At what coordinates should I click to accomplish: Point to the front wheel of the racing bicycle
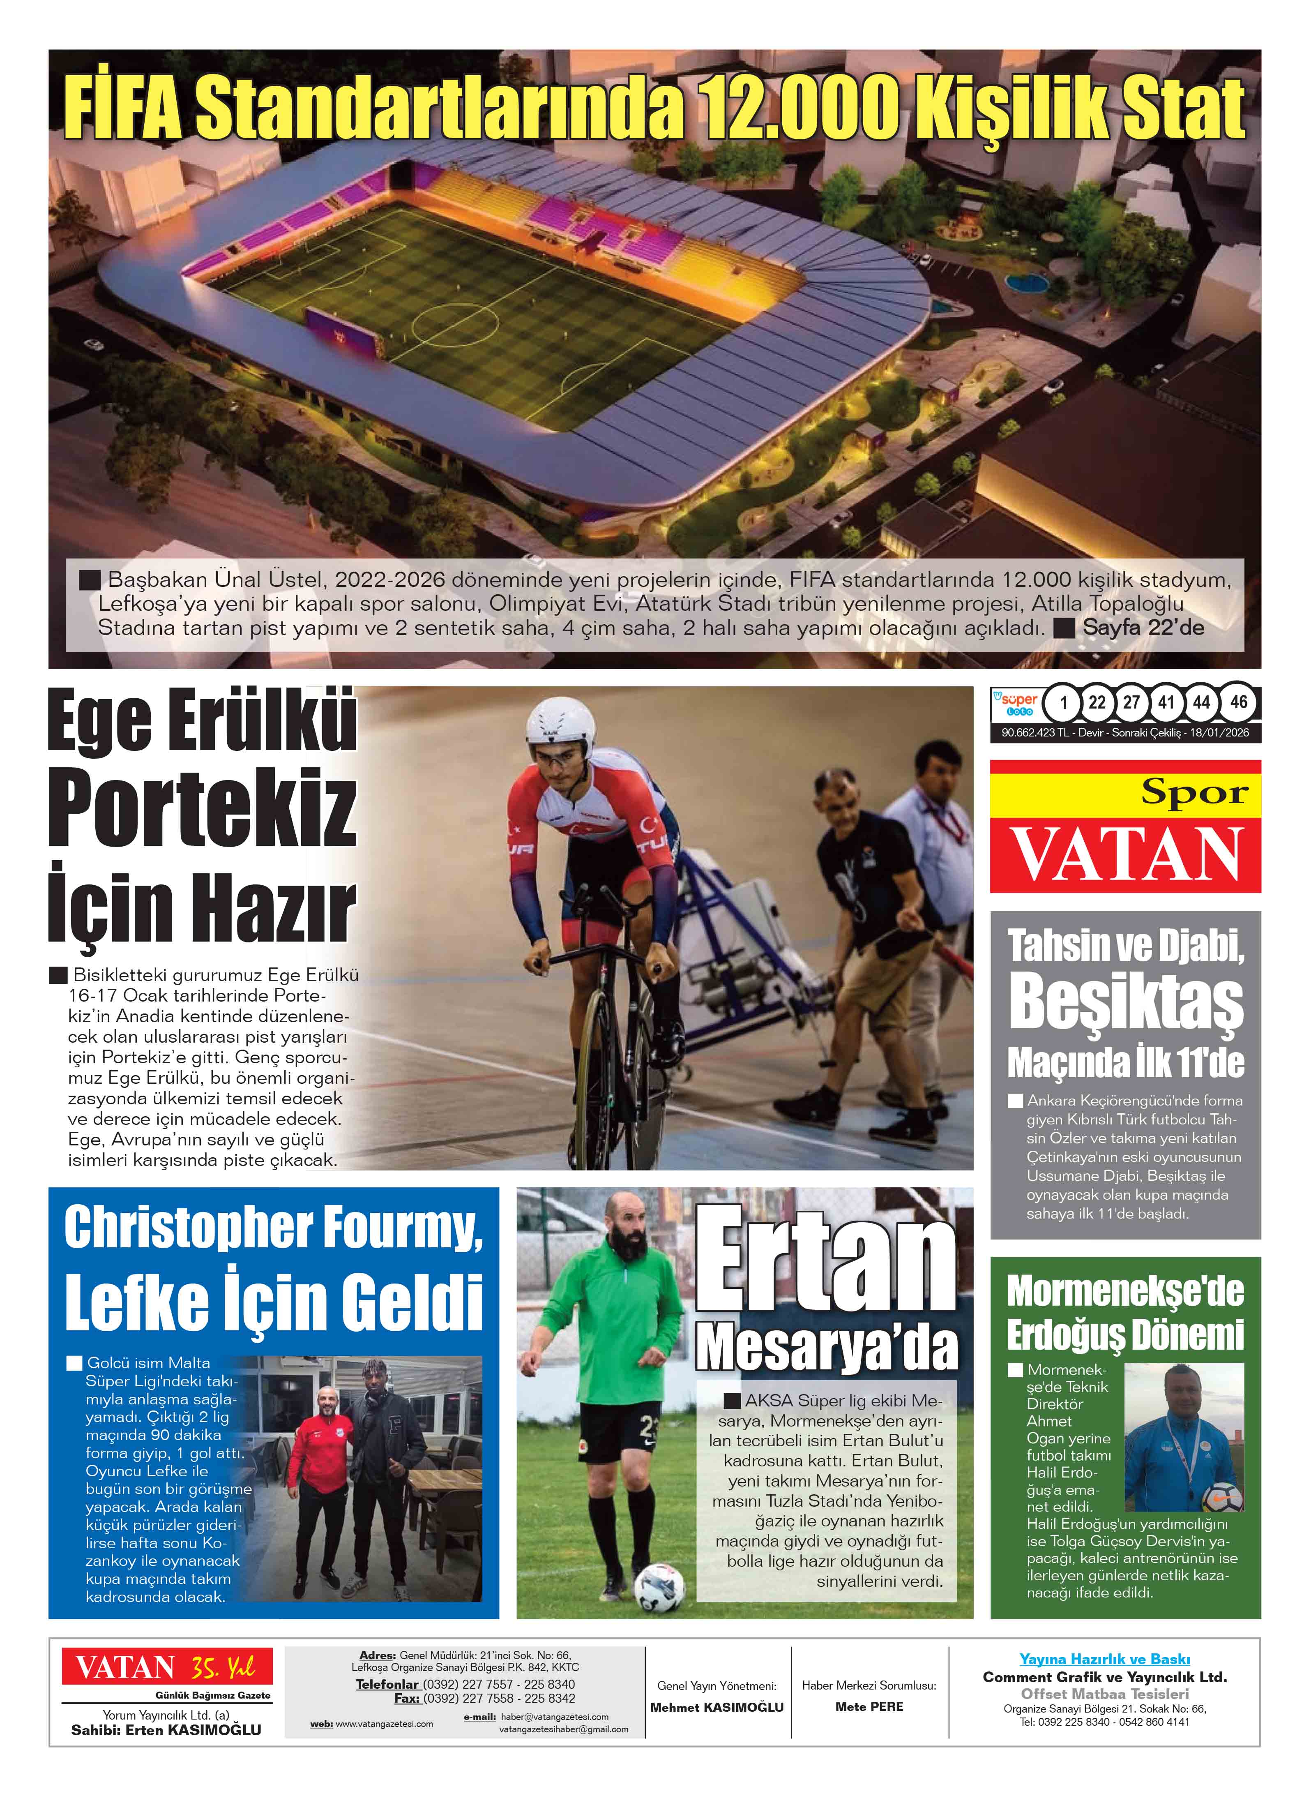pos(597,1087)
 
